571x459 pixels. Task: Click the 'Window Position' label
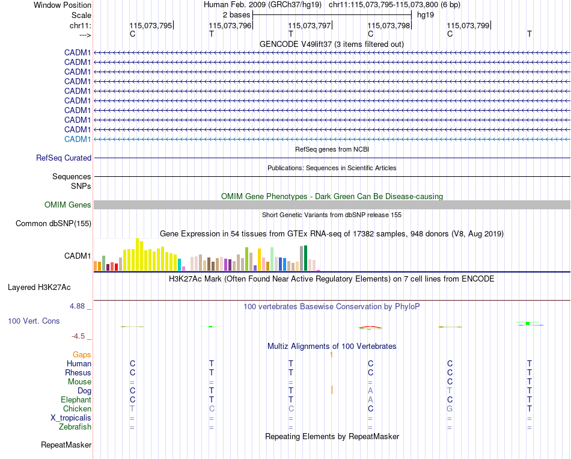tap(63, 5)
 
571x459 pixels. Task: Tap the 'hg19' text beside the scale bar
tap(426, 14)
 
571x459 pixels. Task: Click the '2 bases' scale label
tap(236, 14)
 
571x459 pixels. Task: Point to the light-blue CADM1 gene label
tap(78, 139)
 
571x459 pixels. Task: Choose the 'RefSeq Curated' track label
tap(64, 158)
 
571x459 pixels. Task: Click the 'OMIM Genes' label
tap(68, 205)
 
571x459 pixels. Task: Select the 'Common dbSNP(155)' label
tap(53, 224)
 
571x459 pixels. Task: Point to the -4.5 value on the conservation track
tap(79, 336)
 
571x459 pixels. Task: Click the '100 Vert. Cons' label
tap(34, 321)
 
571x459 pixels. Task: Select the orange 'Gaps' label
tap(82, 355)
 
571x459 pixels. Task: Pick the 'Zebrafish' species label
tap(76, 427)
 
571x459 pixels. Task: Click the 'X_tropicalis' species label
tap(71, 418)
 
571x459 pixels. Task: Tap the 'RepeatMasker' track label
tap(66, 445)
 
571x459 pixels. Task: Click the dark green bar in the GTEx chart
tap(305, 258)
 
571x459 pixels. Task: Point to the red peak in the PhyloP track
tap(370, 327)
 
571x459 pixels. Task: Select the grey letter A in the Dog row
tap(370, 391)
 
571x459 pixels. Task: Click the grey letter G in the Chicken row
tap(450, 409)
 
